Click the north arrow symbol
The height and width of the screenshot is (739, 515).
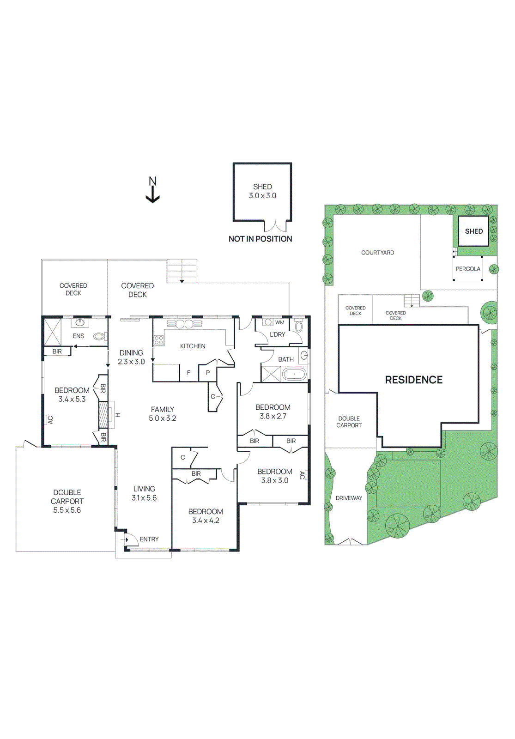(x=152, y=190)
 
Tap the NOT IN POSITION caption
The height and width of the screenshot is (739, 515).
(x=260, y=239)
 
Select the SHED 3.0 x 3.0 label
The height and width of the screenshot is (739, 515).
(x=262, y=191)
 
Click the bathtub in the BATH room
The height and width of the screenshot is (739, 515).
(x=294, y=374)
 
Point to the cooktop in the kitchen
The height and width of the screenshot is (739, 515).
(x=158, y=341)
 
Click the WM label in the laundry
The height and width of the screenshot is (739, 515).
(x=280, y=322)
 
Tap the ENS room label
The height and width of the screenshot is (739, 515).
(x=79, y=336)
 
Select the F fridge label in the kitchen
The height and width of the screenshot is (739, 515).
(x=188, y=372)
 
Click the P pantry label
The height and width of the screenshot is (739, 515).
(x=208, y=372)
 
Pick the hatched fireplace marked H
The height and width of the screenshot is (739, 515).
(x=103, y=415)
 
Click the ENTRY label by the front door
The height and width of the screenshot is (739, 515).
(x=149, y=539)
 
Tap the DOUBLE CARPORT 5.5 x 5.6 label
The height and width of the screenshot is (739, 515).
(x=67, y=501)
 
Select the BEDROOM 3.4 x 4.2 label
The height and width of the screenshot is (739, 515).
(x=206, y=516)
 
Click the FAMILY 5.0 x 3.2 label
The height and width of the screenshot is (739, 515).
(x=162, y=414)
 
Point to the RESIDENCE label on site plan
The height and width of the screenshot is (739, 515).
(x=413, y=380)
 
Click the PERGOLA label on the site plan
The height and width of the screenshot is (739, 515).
(x=468, y=269)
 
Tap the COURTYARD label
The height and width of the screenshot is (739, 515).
(x=377, y=253)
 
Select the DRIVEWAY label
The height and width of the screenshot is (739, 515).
(x=349, y=498)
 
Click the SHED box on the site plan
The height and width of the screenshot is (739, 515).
(x=473, y=231)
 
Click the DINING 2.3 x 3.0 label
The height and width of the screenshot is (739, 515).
(x=131, y=357)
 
